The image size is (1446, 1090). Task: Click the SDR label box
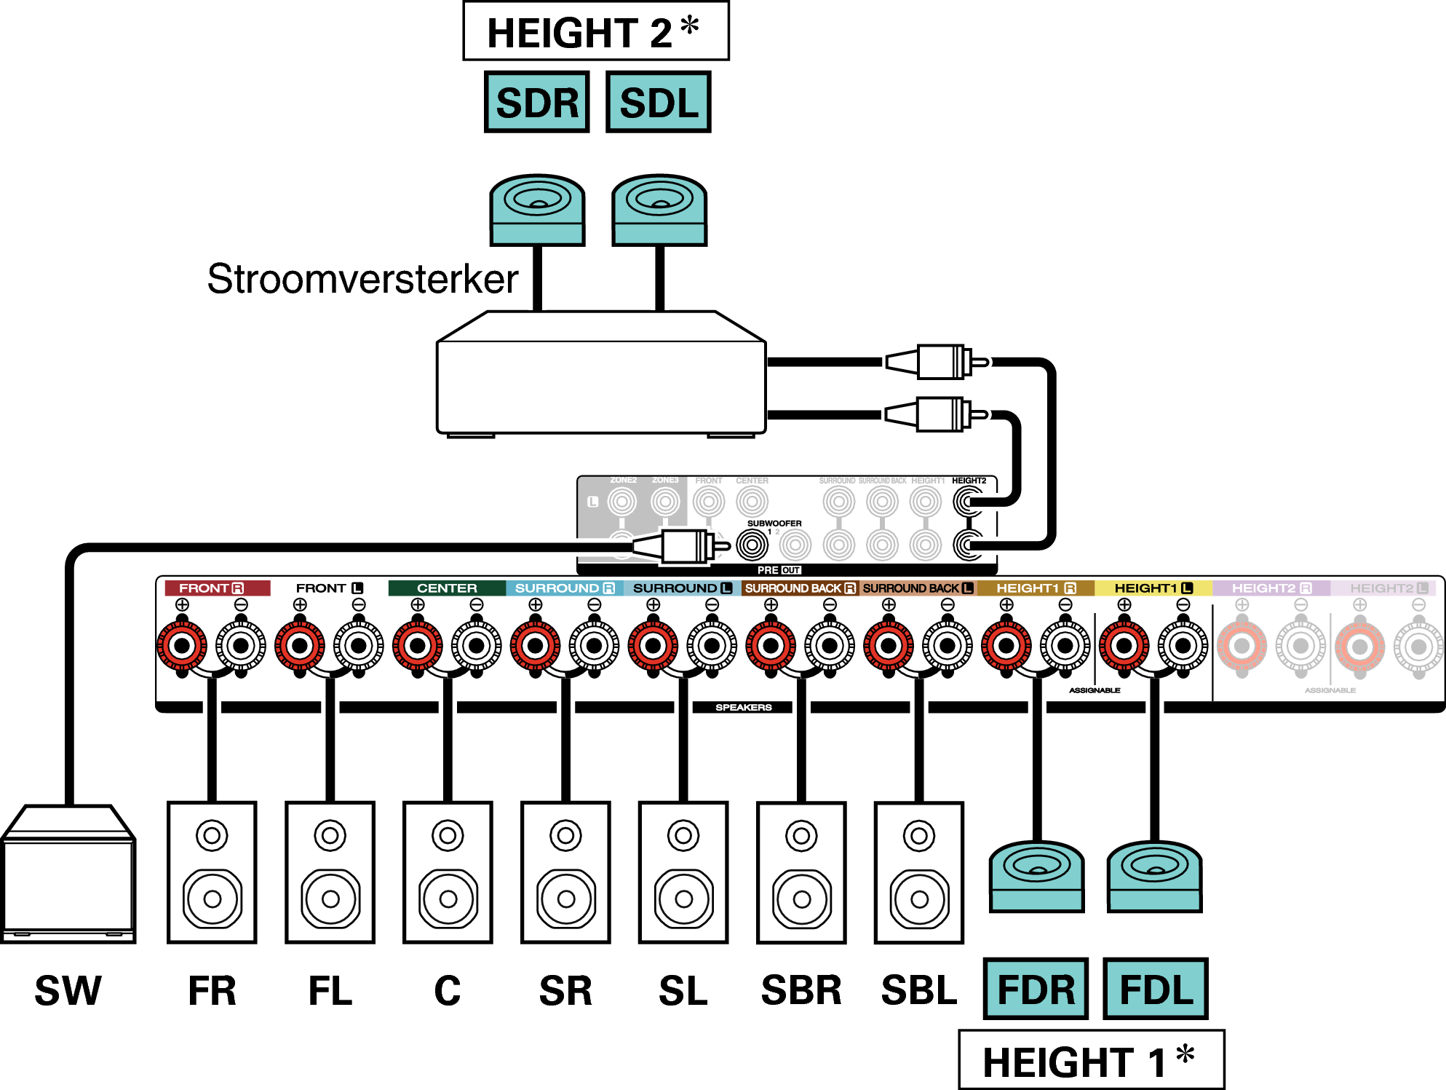536,102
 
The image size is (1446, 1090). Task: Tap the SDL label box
658,102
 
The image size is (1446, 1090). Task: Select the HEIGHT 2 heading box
595,31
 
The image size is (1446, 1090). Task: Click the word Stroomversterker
362,279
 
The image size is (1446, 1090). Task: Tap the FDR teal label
1036,989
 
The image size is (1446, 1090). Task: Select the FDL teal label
1156,989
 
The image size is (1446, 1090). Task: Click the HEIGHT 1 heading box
1091,1060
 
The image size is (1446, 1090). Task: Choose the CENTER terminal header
447,588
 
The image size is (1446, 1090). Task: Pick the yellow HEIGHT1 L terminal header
1153,588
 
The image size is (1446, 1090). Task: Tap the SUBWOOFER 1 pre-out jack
752,545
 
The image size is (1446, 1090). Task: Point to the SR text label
565,990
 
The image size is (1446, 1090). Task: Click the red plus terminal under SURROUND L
654,646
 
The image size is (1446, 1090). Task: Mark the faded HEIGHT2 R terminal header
1271,588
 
